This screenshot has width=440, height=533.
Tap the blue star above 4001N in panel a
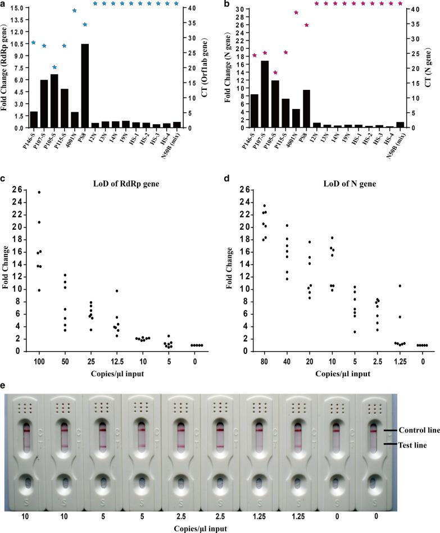[74, 11]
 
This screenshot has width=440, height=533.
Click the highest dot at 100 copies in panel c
[39, 192]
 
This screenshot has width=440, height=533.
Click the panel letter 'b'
[226, 5]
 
